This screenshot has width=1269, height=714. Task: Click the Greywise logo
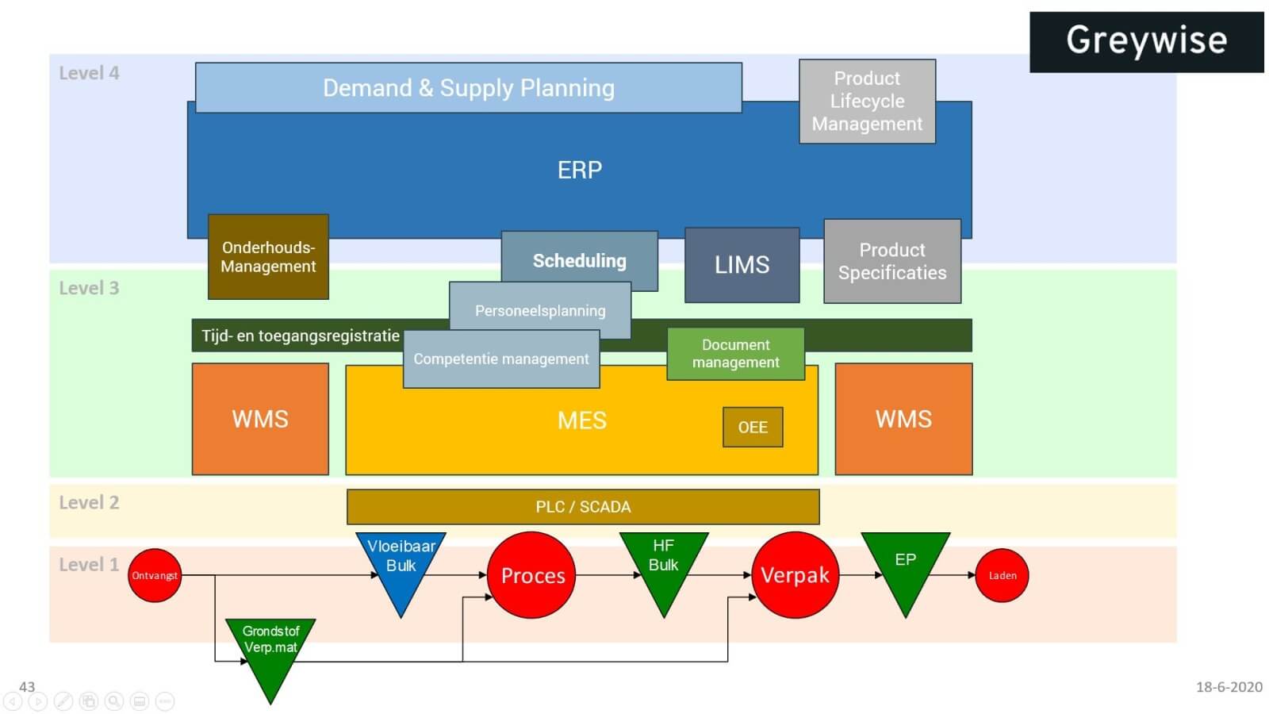pyautogui.click(x=1146, y=41)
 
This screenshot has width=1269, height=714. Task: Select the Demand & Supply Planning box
pyautogui.click(x=468, y=87)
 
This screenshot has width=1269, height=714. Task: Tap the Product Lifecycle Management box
pyautogui.click(x=867, y=101)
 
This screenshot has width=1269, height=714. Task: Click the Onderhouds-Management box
pyautogui.click(x=268, y=257)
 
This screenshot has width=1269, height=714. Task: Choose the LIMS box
pyautogui.click(x=742, y=265)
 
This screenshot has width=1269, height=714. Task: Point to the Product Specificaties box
pyautogui.click(x=892, y=261)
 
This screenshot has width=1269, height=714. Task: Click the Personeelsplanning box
pyautogui.click(x=540, y=310)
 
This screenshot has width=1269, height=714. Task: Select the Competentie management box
pyautogui.click(x=501, y=359)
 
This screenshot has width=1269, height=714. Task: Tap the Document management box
pyautogui.click(x=735, y=354)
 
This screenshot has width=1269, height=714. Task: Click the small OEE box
pyautogui.click(x=753, y=428)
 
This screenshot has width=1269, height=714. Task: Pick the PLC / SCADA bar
pyautogui.click(x=583, y=507)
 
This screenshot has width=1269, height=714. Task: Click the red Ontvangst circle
pyautogui.click(x=155, y=575)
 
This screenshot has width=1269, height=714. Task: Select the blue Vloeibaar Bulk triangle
pyautogui.click(x=401, y=565)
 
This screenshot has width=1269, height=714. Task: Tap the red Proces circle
pyautogui.click(x=532, y=575)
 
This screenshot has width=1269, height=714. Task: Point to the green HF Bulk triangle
pyautogui.click(x=663, y=565)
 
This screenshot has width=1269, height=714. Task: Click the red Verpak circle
pyautogui.click(x=795, y=575)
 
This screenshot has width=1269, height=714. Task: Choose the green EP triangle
pyautogui.click(x=905, y=565)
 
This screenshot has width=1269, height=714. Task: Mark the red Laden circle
pyautogui.click(x=1002, y=575)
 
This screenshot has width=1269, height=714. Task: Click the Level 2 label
pyautogui.click(x=89, y=503)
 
